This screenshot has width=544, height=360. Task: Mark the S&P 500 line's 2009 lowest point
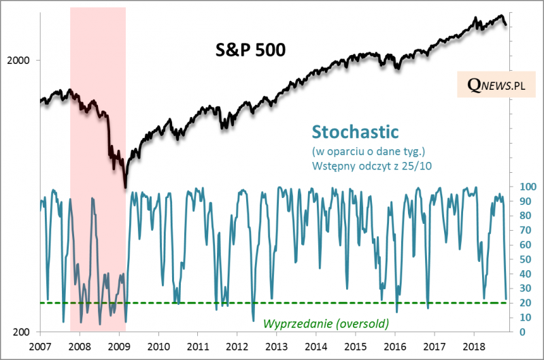(125, 188)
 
